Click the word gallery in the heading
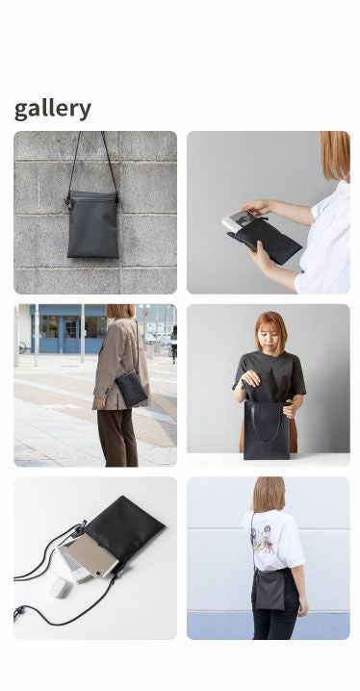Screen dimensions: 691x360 coord(53,109)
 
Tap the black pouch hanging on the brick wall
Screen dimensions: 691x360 coord(92,226)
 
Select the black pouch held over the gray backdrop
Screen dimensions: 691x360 coord(270,240)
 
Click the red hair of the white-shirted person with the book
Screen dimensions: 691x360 coord(336,153)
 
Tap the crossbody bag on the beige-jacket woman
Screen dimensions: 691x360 coord(131,389)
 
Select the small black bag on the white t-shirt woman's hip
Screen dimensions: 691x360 coord(270,589)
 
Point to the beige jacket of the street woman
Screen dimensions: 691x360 coord(119,361)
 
